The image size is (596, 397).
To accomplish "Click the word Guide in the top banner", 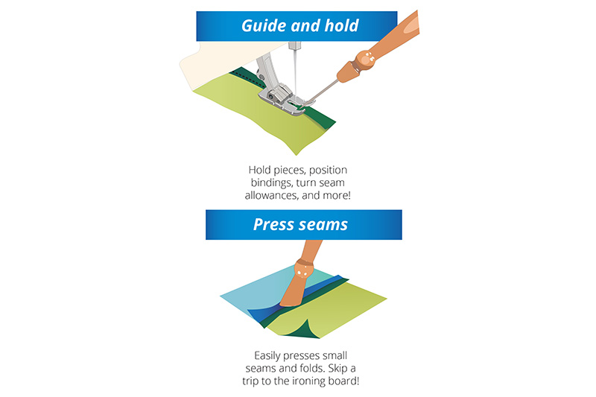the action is tap(264, 26).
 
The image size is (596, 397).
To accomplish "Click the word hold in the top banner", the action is tap(341, 25).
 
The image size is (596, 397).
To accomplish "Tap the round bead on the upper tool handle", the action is tap(365, 59).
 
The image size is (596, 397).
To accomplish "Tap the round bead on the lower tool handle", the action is tap(304, 269).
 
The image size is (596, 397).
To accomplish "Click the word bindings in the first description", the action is tap(271, 182).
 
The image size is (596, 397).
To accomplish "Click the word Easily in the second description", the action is tap(267, 356).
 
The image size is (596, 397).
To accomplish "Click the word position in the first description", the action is tap(328, 171).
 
